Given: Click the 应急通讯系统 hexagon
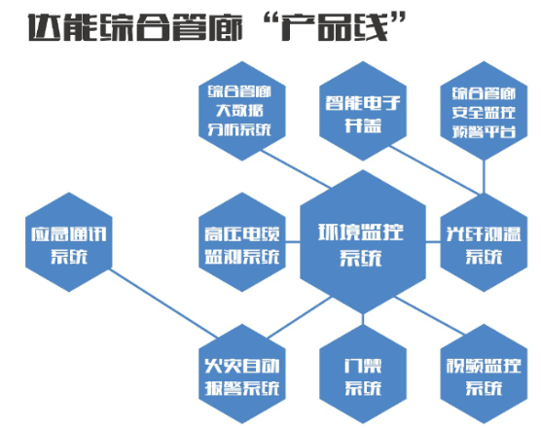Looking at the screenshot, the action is [x=69, y=242].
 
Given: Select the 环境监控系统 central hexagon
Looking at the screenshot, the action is [x=363, y=242].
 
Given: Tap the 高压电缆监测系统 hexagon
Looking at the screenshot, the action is [x=242, y=242].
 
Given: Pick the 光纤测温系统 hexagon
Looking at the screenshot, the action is [x=484, y=242].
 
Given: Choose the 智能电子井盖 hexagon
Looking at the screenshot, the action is [x=363, y=111].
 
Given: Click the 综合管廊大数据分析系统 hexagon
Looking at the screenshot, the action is [x=242, y=111].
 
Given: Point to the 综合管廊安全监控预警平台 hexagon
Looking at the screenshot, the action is [x=484, y=111].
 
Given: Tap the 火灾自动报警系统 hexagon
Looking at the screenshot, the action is [x=242, y=374].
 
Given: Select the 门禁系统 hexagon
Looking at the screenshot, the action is [x=363, y=374].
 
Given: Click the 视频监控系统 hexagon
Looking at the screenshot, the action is [x=484, y=374].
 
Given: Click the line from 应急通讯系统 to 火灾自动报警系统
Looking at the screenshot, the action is [x=163, y=303].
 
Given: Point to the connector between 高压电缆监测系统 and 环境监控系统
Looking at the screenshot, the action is [x=293, y=242].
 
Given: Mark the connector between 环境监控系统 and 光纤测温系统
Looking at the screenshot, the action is [x=433, y=242].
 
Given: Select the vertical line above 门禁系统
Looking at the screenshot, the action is [x=363, y=319].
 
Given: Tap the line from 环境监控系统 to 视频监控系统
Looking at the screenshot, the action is [x=430, y=315].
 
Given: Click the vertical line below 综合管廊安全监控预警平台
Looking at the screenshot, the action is [x=484, y=177].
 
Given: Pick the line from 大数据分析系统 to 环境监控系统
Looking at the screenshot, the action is [x=296, y=169].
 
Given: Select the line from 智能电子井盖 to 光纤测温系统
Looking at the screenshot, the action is [x=434, y=170].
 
